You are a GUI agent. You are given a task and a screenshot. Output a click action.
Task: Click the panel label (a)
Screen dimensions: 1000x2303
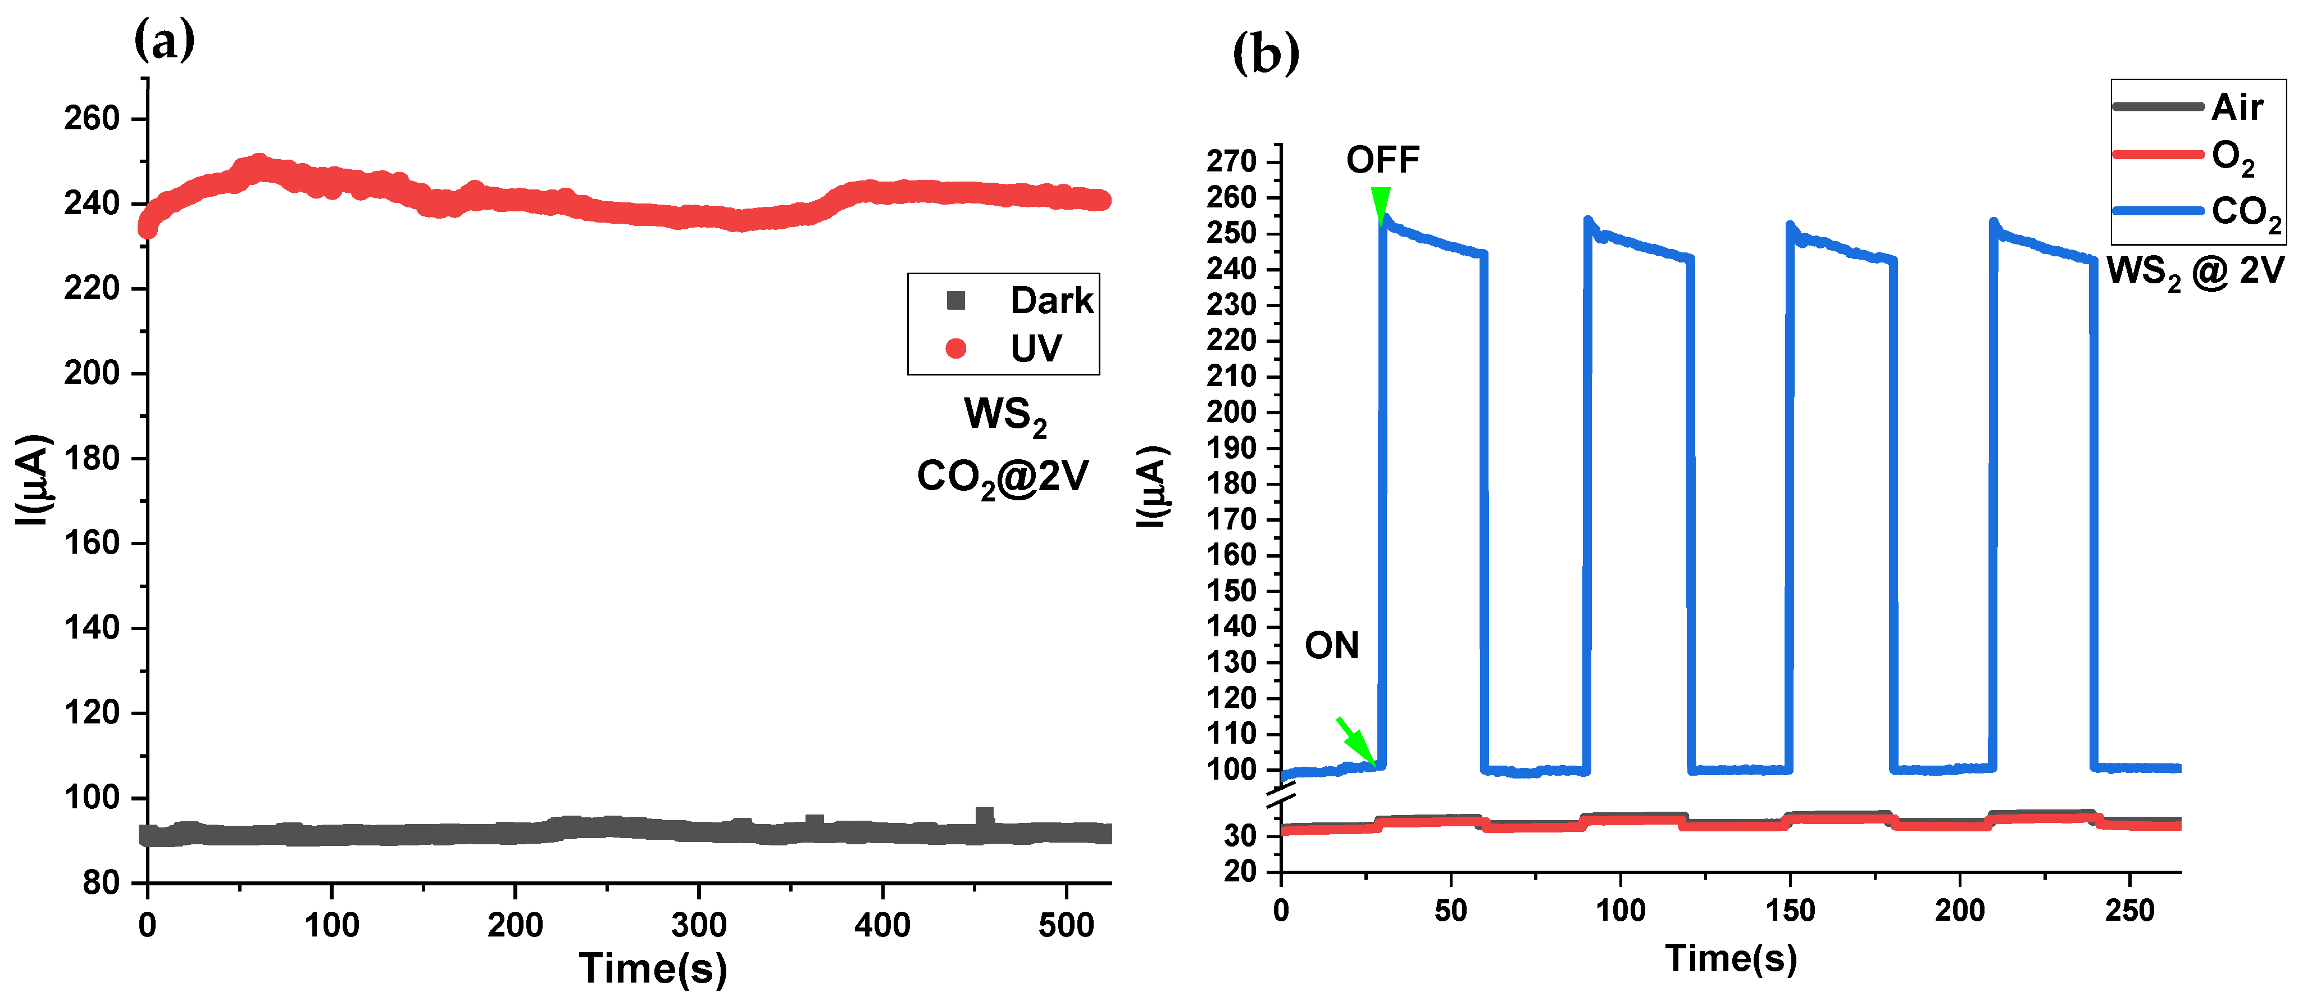click(163, 40)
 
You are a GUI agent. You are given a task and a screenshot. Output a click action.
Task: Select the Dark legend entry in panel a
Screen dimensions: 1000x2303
click(1019, 301)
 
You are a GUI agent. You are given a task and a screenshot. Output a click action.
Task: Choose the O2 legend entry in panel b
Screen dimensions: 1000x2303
click(2186, 156)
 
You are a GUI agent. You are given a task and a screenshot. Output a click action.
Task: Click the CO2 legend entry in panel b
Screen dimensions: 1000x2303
click(2195, 212)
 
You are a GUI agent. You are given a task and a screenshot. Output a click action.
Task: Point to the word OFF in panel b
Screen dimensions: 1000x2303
click(1382, 160)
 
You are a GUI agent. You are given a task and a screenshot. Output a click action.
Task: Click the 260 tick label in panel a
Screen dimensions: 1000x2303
click(91, 118)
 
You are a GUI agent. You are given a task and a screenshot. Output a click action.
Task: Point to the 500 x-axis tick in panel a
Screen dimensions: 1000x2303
click(1065, 925)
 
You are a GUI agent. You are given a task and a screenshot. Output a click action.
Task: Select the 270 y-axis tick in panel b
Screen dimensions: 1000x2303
click(1231, 162)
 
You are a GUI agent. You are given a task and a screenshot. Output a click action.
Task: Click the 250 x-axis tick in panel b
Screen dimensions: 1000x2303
click(2129, 911)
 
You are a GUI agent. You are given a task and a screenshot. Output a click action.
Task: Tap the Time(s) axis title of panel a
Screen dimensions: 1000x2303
click(653, 969)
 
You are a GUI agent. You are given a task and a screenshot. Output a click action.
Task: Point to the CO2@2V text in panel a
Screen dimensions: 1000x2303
click(1002, 477)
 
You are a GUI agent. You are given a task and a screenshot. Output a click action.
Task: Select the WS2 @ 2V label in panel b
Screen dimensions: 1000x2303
click(2195, 270)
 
